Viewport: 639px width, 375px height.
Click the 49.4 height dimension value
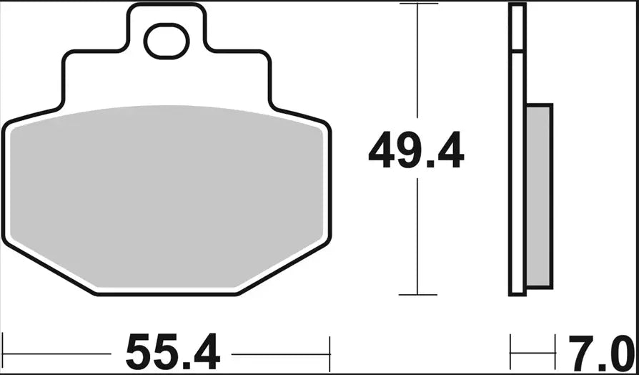pyautogui.click(x=416, y=151)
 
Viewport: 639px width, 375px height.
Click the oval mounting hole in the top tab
pyautogui.click(x=167, y=42)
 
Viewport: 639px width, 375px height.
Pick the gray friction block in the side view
pyautogui.click(x=539, y=197)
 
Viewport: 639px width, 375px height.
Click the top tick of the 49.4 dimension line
pyautogui.click(x=417, y=4)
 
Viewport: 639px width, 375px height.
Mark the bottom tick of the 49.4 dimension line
pyautogui.click(x=417, y=294)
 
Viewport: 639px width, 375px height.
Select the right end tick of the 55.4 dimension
pyautogui.click(x=330, y=353)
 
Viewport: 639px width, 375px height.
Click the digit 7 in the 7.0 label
pyautogui.click(x=581, y=353)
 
